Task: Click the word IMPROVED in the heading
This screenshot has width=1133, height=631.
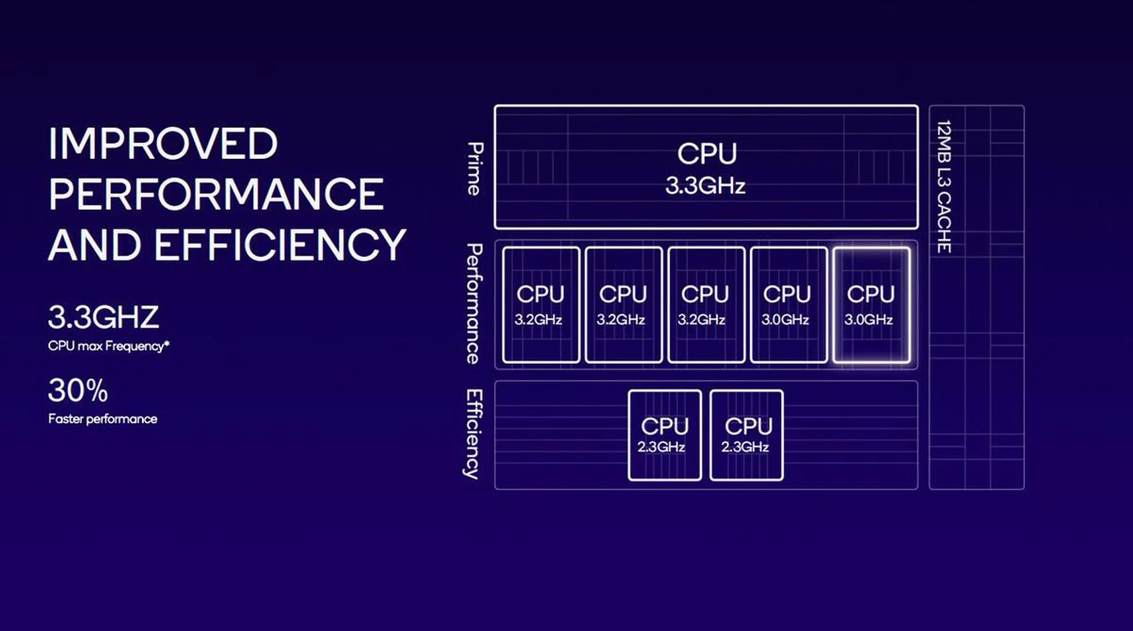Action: point(163,144)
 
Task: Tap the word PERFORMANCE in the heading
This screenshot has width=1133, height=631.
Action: point(216,195)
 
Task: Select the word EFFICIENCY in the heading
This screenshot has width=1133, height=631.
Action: point(280,245)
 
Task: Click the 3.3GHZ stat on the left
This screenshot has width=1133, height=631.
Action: point(103,317)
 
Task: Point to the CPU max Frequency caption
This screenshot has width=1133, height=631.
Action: point(109,346)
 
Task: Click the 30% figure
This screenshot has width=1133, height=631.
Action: point(78,390)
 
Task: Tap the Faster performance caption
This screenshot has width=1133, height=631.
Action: point(103,419)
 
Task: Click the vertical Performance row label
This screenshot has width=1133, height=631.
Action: point(474,304)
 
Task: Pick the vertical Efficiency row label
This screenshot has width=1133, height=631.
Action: point(473,434)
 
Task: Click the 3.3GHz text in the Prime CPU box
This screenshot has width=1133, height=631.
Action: point(706,186)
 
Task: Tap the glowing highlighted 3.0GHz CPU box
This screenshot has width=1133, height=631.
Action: point(871,305)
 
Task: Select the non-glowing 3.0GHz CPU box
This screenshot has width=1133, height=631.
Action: point(788,305)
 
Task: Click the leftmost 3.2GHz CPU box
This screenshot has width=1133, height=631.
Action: point(541,305)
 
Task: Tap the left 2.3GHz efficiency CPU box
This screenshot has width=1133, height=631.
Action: point(664,435)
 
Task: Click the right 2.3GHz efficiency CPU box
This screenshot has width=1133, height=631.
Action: point(747,435)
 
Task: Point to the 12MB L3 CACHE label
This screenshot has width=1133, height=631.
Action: point(944,186)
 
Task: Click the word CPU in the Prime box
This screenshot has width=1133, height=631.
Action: point(707,154)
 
